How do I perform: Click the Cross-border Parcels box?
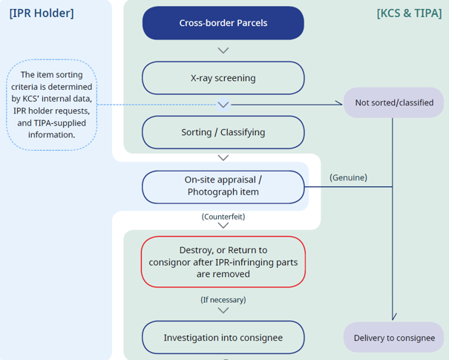pyautogui.click(x=223, y=22)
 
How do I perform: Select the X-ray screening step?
pyautogui.click(x=223, y=78)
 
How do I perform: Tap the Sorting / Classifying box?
pyautogui.click(x=223, y=133)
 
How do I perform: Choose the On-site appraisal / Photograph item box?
pyautogui.click(x=223, y=186)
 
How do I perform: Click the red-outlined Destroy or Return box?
pyautogui.click(x=223, y=262)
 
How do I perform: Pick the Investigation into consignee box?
pyautogui.click(x=223, y=338)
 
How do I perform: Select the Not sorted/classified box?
pyautogui.click(x=393, y=102)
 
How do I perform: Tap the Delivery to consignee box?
pyautogui.click(x=393, y=338)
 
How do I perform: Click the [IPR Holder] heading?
pyautogui.click(x=42, y=13)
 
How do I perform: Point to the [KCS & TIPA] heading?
pyautogui.click(x=410, y=13)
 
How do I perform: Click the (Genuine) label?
pyautogui.click(x=348, y=177)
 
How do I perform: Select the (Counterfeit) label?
pyautogui.click(x=223, y=217)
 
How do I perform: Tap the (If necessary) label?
pyautogui.click(x=223, y=300)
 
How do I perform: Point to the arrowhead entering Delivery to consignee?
pyautogui.click(x=393, y=318)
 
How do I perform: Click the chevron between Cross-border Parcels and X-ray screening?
pyautogui.click(x=223, y=50)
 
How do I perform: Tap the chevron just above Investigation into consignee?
pyautogui.click(x=223, y=310)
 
